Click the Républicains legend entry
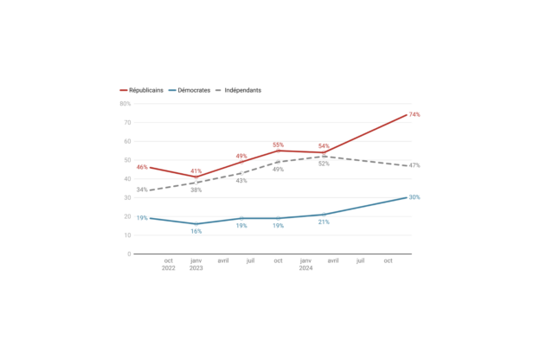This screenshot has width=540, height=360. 142,90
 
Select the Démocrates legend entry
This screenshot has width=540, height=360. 190,90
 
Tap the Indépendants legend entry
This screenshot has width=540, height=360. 238,90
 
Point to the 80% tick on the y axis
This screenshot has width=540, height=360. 125,104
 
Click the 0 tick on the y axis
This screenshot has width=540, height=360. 129,254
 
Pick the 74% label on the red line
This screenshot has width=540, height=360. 415,115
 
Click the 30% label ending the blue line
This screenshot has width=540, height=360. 415,197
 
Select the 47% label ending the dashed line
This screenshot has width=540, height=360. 415,165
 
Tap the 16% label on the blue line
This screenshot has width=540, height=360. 196,232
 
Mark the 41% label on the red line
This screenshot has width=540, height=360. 196,171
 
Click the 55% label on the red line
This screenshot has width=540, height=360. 279,145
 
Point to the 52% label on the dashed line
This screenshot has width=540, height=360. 324,164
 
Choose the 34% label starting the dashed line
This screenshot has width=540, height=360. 142,190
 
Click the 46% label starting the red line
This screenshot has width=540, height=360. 142,167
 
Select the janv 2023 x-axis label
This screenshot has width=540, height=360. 196,264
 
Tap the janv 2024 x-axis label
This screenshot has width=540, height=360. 305,264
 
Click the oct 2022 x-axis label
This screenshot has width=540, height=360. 169,264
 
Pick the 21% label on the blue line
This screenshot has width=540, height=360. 324,222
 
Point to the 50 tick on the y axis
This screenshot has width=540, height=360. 127,160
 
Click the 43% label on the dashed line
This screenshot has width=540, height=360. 241,181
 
